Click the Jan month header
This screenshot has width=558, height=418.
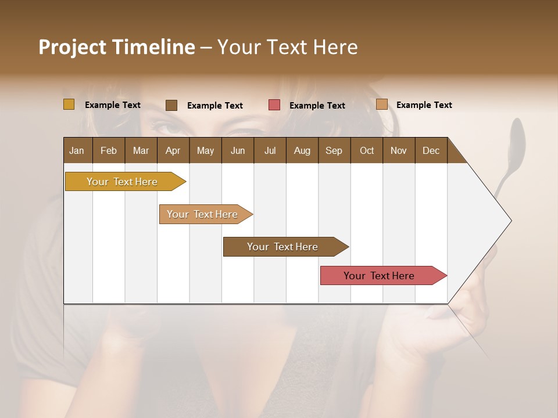point(77,150)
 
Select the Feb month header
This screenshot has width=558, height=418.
point(109,150)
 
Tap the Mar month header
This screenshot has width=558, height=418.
point(141,150)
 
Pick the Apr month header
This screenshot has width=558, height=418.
point(173,150)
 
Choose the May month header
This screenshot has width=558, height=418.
point(205,150)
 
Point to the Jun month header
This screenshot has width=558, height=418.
point(238,150)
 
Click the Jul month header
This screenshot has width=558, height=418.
point(270,150)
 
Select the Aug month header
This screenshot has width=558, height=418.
point(302,150)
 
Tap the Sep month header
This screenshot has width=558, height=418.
point(334,150)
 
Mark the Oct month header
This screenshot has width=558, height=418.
point(367,150)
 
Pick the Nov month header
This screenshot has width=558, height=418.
point(399,150)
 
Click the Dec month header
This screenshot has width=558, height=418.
point(431,150)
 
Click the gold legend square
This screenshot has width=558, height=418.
point(69,105)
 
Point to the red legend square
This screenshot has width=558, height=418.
point(274,105)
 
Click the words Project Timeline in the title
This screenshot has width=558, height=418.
point(117,47)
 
